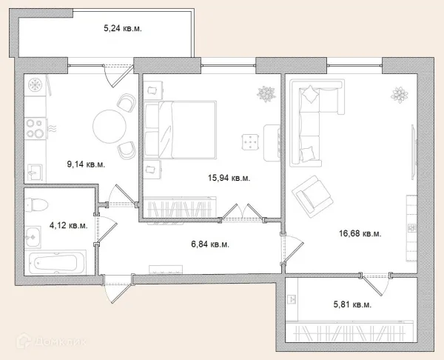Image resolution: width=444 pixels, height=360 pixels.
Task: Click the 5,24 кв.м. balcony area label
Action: [123, 28]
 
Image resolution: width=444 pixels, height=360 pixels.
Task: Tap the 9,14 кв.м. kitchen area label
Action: [86, 164]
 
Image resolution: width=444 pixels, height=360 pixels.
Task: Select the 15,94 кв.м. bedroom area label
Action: [229, 178]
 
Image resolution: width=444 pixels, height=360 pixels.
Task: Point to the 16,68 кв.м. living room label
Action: [360, 233]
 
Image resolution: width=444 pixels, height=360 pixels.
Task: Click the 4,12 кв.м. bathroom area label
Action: [69, 226]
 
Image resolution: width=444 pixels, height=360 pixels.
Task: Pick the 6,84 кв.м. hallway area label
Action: [210, 244]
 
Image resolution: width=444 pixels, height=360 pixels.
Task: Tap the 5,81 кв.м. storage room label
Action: [352, 304]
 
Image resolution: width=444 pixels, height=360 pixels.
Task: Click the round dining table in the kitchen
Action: [110, 127]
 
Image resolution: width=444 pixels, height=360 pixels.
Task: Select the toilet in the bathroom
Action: [36, 204]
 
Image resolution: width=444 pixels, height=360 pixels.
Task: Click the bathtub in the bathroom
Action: [58, 262]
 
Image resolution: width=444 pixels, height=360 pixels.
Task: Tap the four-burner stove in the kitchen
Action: [36, 128]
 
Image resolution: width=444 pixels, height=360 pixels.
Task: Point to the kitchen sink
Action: [35, 173]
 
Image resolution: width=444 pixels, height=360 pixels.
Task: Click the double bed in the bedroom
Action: [180, 130]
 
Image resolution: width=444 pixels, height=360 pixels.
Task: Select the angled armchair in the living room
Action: [312, 196]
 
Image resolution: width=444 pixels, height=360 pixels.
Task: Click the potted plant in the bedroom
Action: [266, 94]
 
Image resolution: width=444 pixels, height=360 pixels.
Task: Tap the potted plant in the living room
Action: [400, 95]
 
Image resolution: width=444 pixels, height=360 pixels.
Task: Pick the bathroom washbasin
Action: [33, 237]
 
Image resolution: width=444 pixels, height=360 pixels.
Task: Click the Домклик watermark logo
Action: [51, 341]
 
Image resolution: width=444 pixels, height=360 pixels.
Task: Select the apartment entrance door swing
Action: [118, 289]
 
